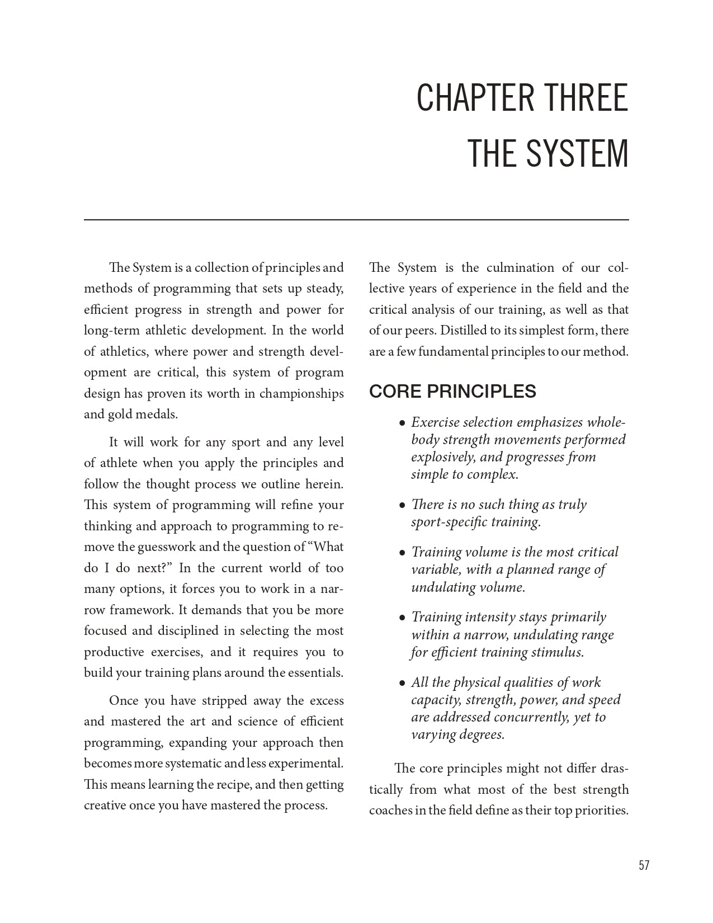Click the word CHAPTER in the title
[474, 98]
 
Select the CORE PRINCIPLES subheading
[452, 391]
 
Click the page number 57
[644, 865]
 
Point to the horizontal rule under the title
[356, 220]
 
